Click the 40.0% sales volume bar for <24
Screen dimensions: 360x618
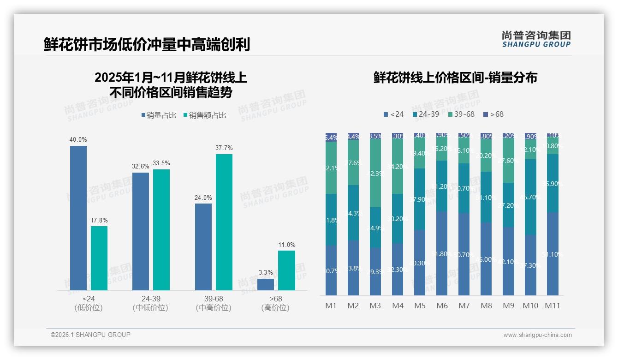78,218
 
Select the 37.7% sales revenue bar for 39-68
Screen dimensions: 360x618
224,222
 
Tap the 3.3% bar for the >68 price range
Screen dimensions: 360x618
266,284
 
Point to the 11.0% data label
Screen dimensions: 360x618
286,245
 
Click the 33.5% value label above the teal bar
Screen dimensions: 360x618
161,163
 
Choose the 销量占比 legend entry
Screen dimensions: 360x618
159,115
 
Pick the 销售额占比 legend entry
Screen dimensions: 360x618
205,115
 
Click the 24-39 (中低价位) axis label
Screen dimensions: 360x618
150,303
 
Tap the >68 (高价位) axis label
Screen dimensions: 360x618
275,303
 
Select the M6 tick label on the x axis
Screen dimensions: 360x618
442,306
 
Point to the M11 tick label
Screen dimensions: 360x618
553,306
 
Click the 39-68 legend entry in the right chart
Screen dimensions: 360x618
461,114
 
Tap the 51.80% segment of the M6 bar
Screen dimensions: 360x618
442,253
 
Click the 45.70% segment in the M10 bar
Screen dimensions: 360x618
530,197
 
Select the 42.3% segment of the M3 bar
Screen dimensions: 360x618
375,173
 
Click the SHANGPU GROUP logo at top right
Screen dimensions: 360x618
536,39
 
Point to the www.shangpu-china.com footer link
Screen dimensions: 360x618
537,335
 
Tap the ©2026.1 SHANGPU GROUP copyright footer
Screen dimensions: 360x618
90,335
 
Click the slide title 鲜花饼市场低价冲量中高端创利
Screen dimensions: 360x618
147,45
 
